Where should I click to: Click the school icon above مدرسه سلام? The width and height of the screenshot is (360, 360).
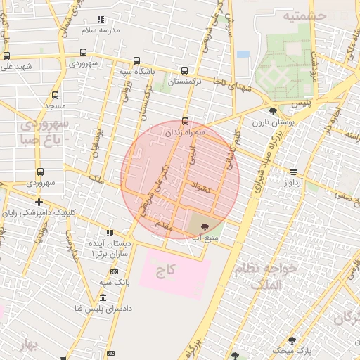101,19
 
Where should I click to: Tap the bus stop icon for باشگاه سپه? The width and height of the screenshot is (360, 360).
137,60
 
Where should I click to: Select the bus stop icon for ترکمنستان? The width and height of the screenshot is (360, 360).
184,70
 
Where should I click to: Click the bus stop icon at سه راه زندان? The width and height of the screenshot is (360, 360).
185,120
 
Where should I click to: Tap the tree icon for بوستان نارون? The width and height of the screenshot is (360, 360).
273,110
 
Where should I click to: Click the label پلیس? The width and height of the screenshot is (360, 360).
301,103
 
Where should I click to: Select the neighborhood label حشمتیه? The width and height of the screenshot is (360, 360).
305,15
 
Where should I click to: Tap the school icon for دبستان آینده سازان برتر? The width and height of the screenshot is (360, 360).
109,232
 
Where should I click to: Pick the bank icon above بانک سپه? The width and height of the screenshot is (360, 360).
114,271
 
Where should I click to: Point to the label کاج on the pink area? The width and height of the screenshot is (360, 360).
167,269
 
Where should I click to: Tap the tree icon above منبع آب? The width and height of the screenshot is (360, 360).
205,226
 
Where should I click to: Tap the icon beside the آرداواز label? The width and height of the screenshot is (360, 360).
292,172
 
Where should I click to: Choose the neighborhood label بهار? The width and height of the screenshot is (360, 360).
27,345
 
